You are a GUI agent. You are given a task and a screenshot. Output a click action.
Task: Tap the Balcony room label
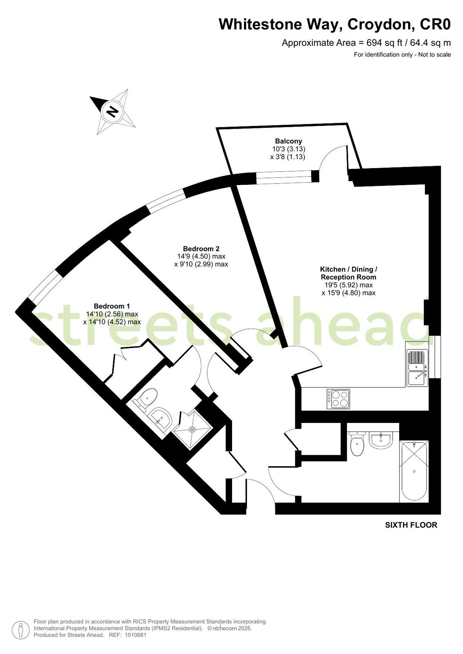pos(289,141)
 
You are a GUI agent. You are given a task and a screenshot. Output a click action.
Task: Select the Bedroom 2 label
pos(201,249)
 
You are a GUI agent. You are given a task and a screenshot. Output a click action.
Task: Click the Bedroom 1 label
pos(112,306)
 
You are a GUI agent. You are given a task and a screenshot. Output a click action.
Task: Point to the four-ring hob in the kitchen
pos(338,399)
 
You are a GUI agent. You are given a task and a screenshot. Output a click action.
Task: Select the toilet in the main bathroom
pos(357,444)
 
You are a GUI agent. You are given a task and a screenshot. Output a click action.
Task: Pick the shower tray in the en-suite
pos(192,430)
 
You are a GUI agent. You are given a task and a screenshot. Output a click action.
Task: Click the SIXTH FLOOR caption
pos(411,525)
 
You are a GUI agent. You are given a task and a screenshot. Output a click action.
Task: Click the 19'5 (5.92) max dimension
pos(347,285)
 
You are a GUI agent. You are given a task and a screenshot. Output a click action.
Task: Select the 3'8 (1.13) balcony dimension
pos(288,157)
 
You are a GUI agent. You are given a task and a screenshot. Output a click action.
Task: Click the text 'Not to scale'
pos(434,54)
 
